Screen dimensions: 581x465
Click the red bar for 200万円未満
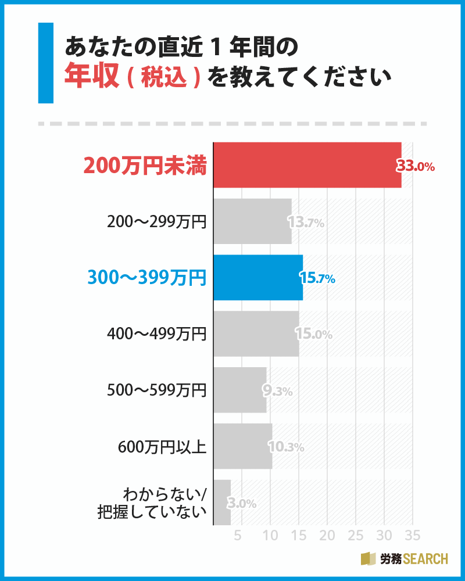[307, 165]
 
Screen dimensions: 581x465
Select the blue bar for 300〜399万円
[257, 278]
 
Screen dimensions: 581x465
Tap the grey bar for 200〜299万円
[252, 221]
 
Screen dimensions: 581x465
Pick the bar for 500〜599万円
[239, 390]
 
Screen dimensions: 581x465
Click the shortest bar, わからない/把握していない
[222, 502]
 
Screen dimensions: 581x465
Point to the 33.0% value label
[416, 166]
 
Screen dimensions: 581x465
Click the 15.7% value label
[317, 278]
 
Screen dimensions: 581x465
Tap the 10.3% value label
[286, 447]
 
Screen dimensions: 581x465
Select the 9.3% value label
[278, 391]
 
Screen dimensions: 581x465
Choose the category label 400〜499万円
[157, 334]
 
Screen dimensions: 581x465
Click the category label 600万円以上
[162, 447]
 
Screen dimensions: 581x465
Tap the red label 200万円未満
[145, 166]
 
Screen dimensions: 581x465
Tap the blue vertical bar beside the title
[45, 63]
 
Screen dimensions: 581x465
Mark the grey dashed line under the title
[233, 124]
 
